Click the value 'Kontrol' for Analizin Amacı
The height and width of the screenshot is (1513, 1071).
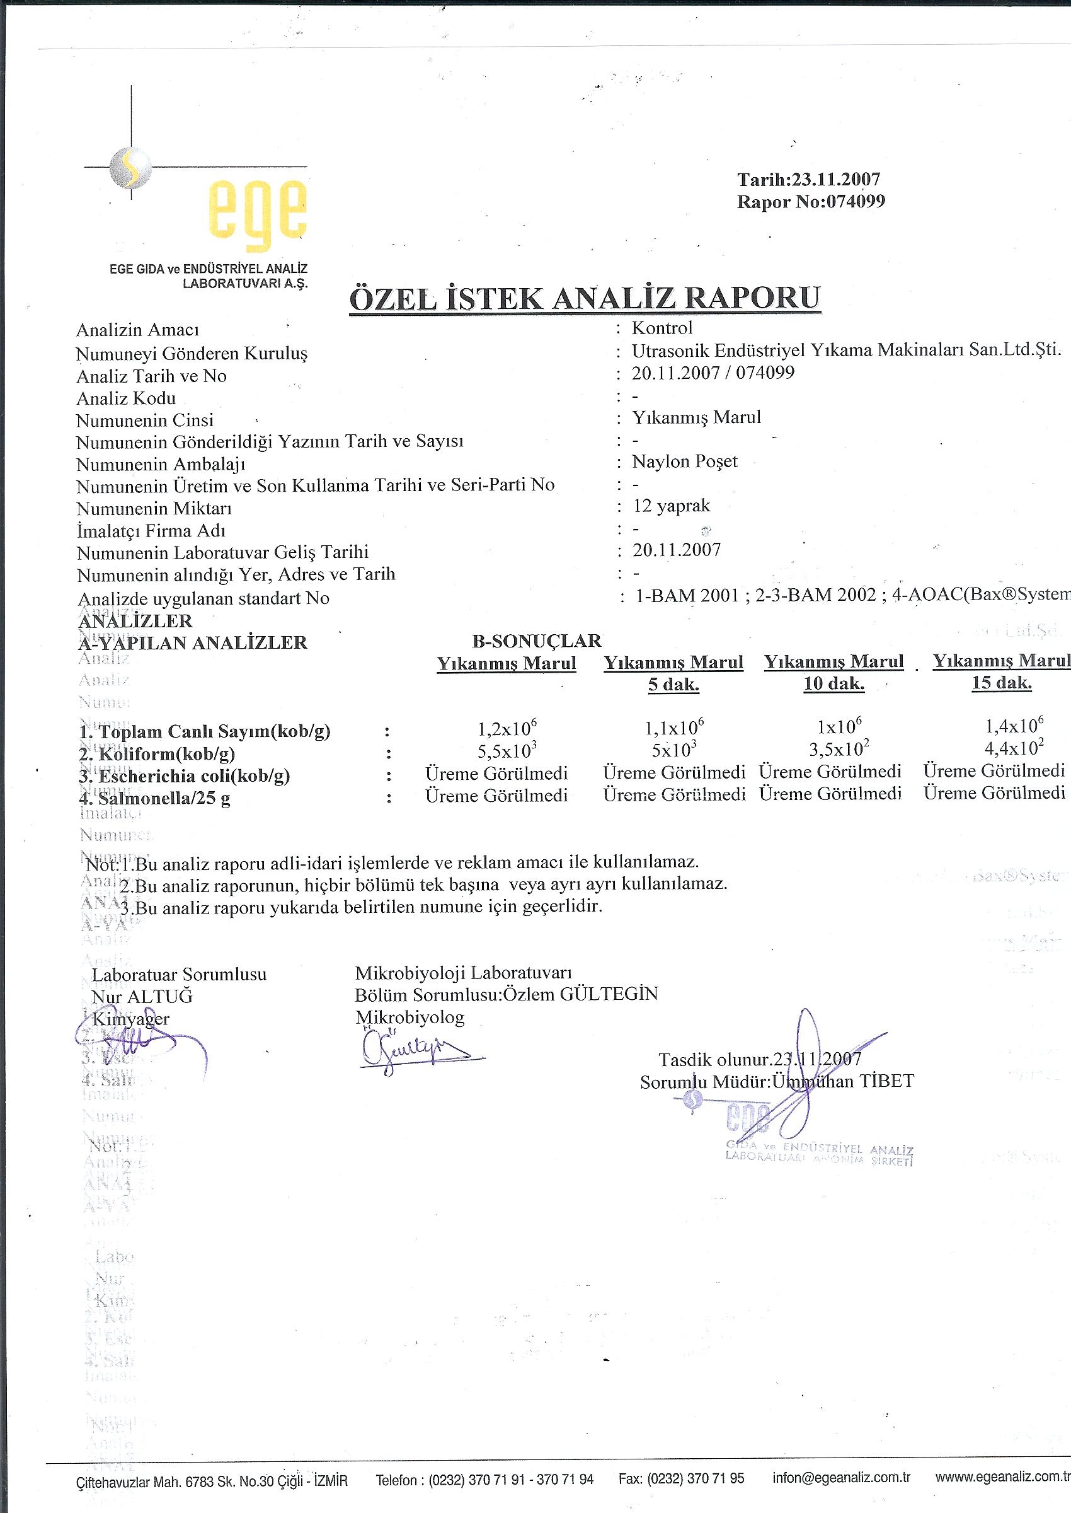tap(661, 328)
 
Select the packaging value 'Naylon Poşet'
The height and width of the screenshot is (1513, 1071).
tap(685, 461)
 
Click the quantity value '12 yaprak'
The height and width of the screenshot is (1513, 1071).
tap(671, 506)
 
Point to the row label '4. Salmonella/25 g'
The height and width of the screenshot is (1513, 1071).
tap(155, 799)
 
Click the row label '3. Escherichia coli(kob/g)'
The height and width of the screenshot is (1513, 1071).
tap(185, 776)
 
